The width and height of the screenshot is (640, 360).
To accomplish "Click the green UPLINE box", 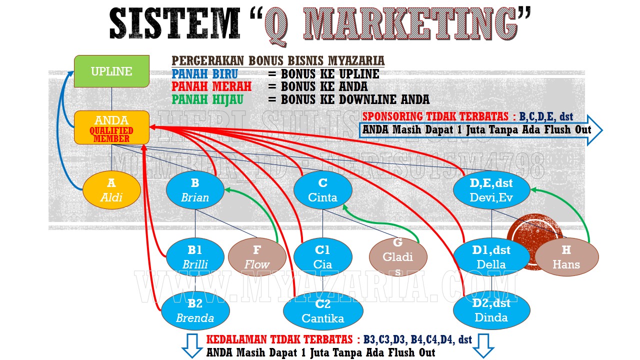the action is pos(111,71).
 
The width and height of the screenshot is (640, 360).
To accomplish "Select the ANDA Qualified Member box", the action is pos(111,127).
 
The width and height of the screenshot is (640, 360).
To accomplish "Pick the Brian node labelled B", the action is pos(195,190).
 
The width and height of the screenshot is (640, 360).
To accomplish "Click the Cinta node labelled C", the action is pos(322,190).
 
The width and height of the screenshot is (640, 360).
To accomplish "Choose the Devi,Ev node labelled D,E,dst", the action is pos(491,190).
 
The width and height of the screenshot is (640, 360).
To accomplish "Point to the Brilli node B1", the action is pos(195,257).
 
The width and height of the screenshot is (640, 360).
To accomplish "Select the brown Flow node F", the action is pos(257,257).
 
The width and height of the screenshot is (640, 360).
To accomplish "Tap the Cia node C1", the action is pos(322,257).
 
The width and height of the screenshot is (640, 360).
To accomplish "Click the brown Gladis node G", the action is pos(398,257).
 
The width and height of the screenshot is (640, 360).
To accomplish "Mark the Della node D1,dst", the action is pos(491,257).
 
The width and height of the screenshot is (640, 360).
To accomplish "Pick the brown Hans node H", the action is pos(566,257).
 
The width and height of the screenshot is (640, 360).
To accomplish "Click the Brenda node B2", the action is pos(195,310).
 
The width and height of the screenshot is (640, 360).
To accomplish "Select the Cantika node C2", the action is pos(322,311).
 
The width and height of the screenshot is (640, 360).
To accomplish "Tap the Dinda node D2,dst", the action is pos(491,310).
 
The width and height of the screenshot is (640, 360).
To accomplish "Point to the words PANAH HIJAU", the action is pos(208,99).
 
